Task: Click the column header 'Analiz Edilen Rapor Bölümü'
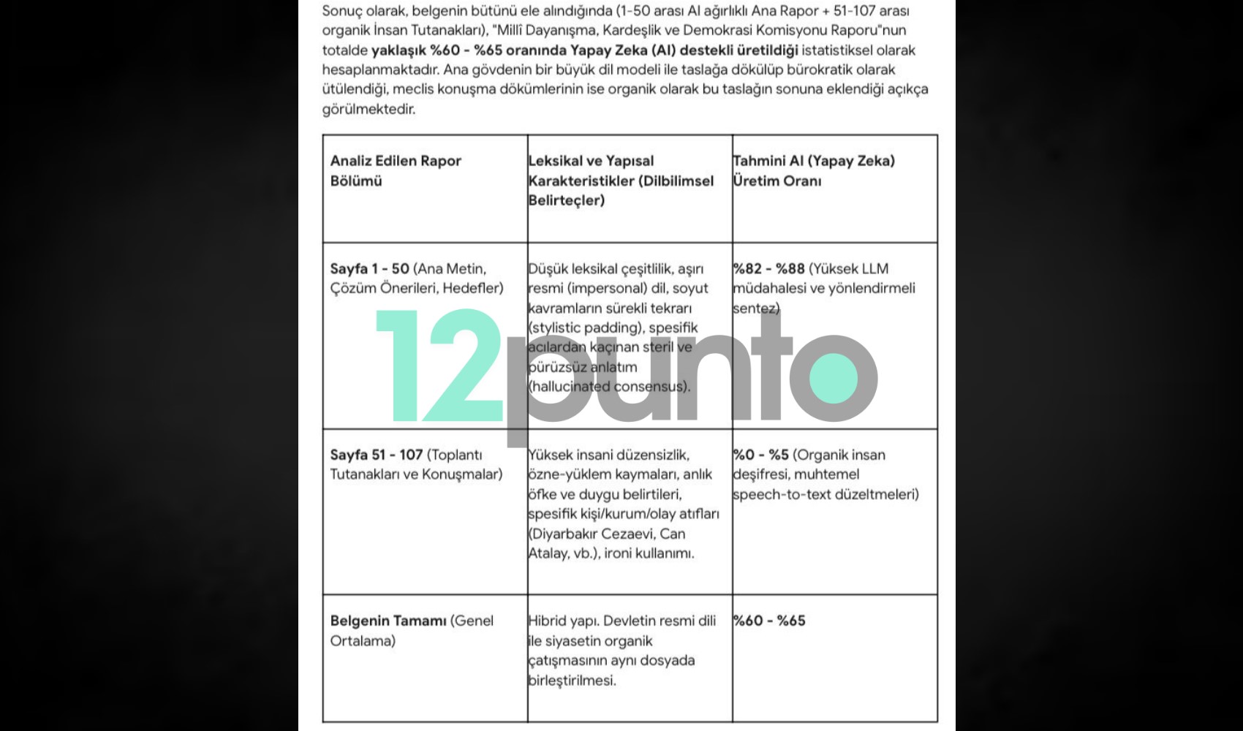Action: pos(395,170)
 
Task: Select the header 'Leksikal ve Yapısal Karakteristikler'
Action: pos(620,180)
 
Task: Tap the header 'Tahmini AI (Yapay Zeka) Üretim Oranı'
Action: pos(813,170)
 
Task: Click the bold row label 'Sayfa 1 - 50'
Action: pos(369,268)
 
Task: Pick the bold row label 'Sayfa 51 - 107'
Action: pos(376,455)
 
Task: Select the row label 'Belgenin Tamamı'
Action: pos(388,621)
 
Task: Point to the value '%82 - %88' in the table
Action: pos(768,268)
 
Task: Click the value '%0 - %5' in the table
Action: pos(760,455)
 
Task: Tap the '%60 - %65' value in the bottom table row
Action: pos(769,621)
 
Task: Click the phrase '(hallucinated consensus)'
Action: pos(608,386)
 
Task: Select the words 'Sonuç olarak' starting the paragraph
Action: pos(360,11)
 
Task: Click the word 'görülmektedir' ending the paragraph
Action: pos(368,109)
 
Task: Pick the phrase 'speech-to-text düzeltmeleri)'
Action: pos(825,494)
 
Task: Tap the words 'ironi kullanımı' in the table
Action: pos(649,553)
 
